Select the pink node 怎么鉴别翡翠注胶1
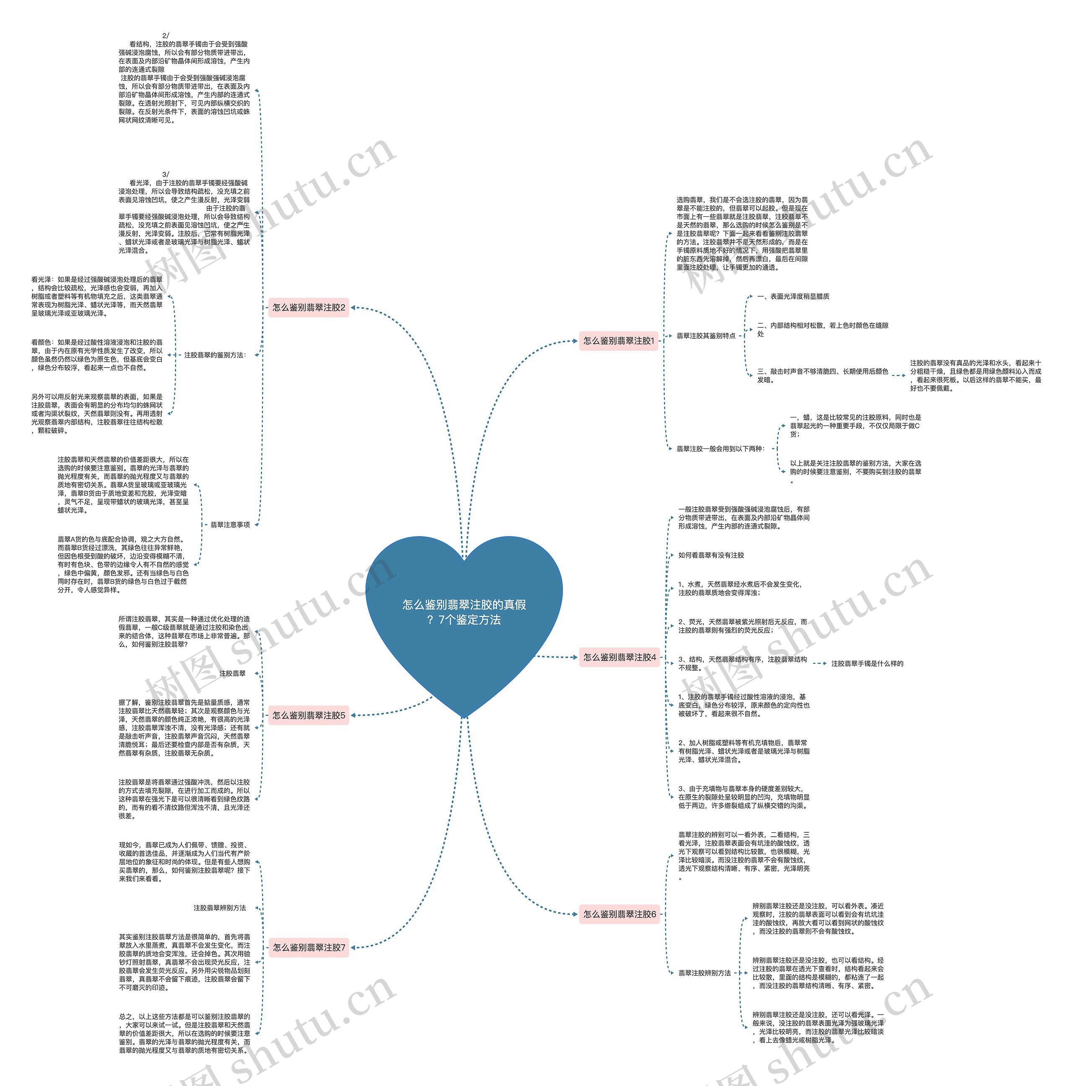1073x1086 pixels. (x=618, y=341)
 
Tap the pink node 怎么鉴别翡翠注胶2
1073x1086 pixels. (x=308, y=308)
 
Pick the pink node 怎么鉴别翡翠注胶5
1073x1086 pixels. (x=308, y=715)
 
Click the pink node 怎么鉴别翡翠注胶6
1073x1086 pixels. (x=619, y=914)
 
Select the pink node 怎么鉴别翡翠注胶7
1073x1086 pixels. (x=308, y=947)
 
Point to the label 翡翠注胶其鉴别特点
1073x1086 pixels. (x=705, y=336)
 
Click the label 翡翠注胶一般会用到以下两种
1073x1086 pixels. (x=720, y=448)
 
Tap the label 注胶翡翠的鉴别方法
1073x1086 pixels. (x=215, y=355)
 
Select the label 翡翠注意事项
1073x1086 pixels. (x=230, y=524)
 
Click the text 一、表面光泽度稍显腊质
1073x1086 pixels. (x=793, y=296)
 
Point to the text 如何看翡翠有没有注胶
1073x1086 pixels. (x=711, y=555)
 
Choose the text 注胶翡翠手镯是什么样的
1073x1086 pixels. (x=867, y=663)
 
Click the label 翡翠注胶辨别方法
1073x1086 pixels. (x=704, y=972)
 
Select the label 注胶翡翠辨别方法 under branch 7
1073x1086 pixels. (x=220, y=907)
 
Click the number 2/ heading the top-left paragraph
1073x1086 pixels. (x=165, y=35)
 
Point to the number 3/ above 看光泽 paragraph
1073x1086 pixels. (x=165, y=174)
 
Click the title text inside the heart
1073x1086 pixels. (x=464, y=612)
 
